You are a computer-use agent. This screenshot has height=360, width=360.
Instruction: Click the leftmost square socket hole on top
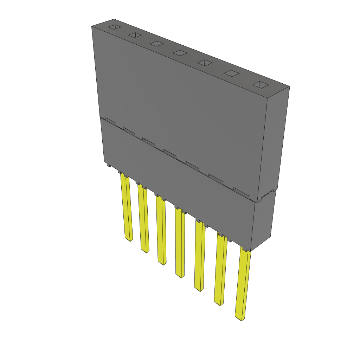tap(114, 27)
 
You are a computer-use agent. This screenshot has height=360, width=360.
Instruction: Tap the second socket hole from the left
tap(135, 35)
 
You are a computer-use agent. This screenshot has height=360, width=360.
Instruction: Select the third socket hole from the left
tap(156, 43)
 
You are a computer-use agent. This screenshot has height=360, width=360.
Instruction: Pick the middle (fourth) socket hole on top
tap(180, 53)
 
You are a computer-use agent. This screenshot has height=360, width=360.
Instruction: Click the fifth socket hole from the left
tap(205, 63)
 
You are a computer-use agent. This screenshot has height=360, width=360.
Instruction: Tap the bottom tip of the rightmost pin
tap(240, 319)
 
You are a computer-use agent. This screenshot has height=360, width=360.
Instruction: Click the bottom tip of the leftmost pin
tap(129, 240)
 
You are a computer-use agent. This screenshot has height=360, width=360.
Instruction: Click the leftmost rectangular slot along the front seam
tap(110, 121)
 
